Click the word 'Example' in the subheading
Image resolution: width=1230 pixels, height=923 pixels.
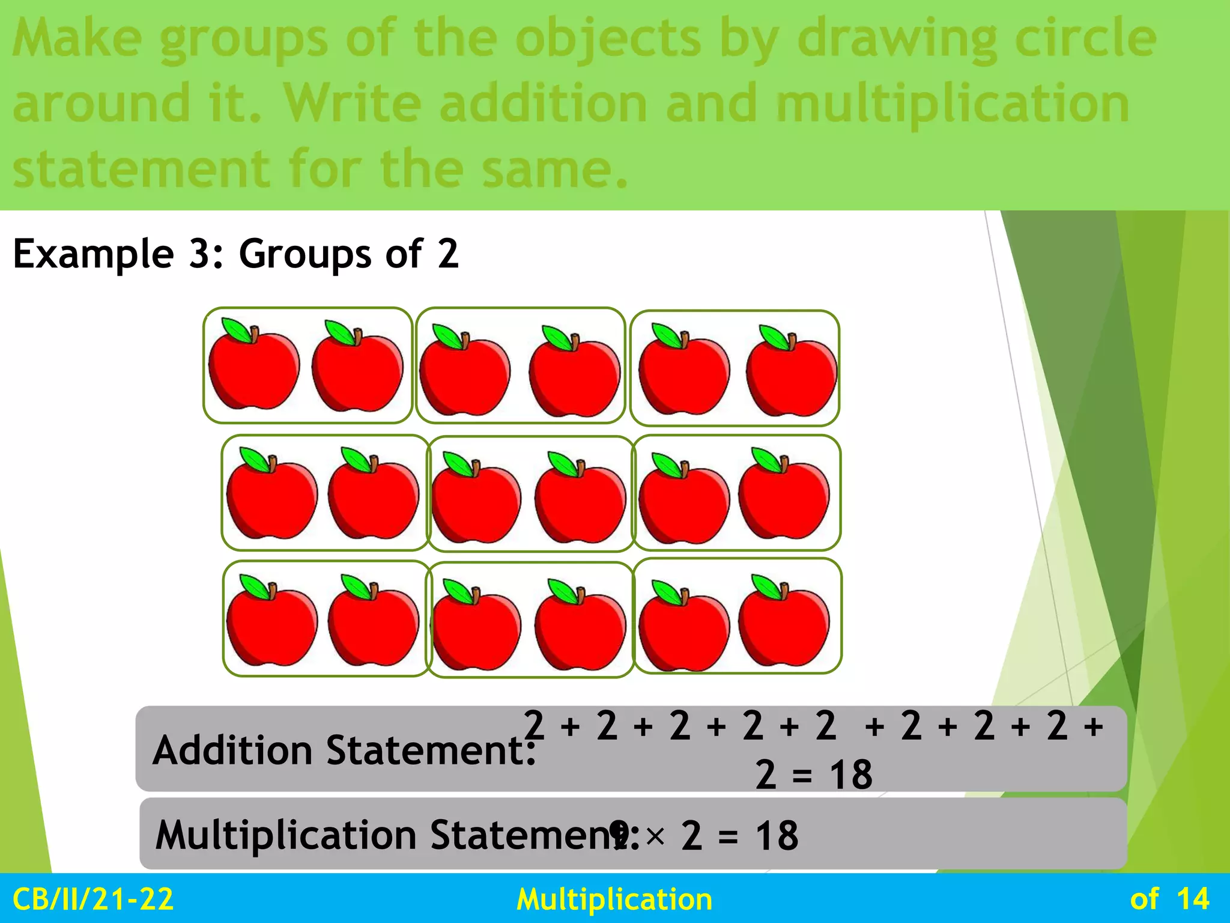tap(93, 254)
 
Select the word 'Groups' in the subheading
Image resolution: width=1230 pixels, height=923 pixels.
tap(305, 254)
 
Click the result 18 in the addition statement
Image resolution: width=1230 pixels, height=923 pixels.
tap(850, 775)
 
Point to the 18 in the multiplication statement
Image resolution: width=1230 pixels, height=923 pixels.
tap(777, 836)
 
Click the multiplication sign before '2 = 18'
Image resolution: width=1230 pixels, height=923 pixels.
tap(655, 836)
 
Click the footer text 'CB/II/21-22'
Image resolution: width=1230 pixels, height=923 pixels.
tap(93, 900)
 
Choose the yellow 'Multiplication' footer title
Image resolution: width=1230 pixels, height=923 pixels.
tap(614, 900)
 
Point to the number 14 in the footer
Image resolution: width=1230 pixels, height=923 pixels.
tap(1193, 900)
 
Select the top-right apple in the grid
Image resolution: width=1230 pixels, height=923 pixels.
tap(792, 373)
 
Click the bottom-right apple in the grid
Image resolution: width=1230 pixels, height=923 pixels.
tap(784, 623)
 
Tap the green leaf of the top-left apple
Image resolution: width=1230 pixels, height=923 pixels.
tap(237, 330)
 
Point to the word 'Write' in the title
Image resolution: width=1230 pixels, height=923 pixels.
tap(353, 103)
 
